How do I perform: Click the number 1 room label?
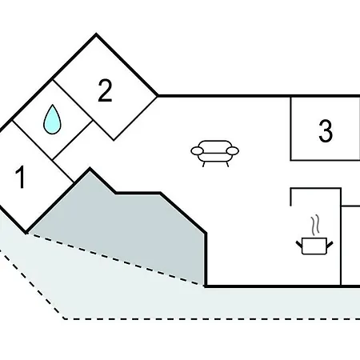pos(21,177)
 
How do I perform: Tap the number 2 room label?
pos(105,90)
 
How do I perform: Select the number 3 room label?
pos(326,130)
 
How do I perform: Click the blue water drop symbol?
pos(52,119)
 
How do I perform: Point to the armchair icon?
pos(214,154)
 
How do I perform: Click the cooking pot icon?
pos(314,246)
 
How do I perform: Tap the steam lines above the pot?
pos(315,226)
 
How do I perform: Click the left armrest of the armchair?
pos(197,151)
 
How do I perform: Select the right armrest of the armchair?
pos(233,151)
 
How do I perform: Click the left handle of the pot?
pos(299,244)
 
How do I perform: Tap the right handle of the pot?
pos(330,244)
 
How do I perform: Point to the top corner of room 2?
pos(96,34)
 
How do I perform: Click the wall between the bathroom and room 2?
pos(73,100)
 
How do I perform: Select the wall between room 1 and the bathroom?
pos(33,140)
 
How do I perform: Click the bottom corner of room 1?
pos(26,233)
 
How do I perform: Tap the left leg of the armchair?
pos(204,164)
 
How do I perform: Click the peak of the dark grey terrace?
pos(90,169)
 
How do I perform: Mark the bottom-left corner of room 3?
pos(290,160)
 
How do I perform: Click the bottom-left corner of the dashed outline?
pos(64,318)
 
